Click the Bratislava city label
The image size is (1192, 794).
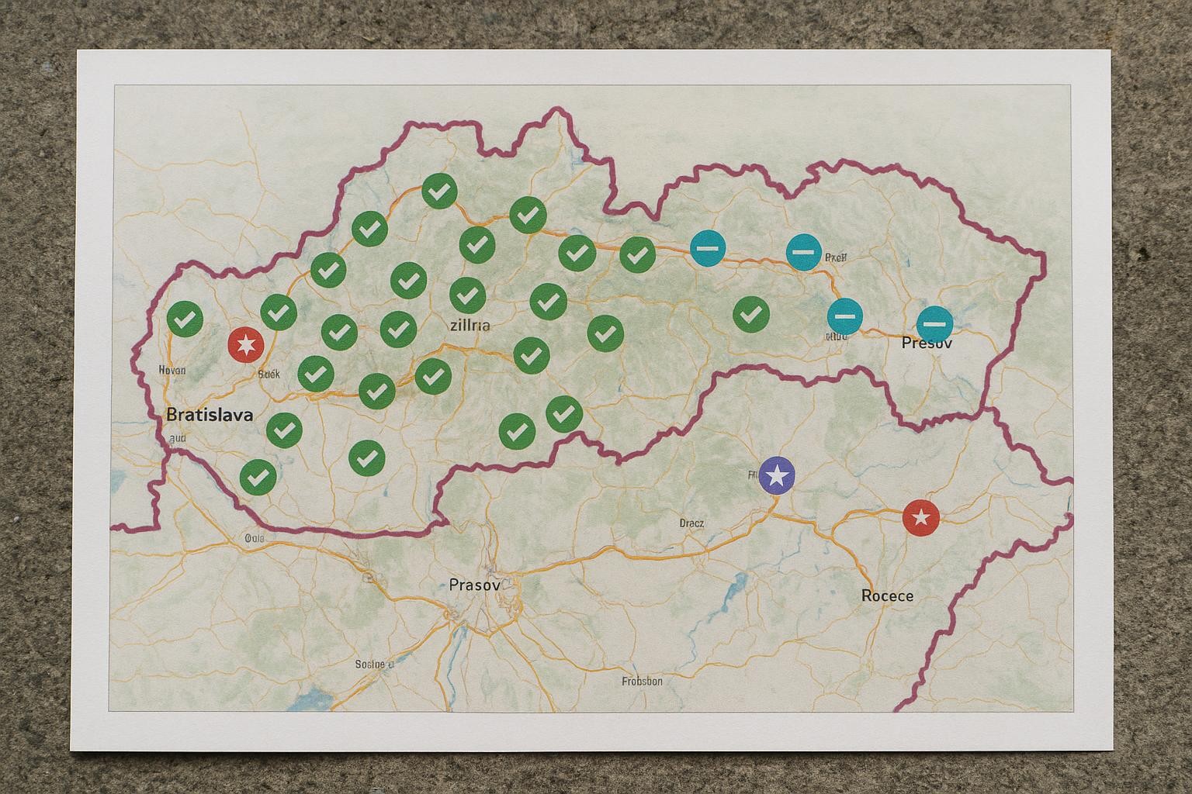pyautogui.click(x=210, y=415)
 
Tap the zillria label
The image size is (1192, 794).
pyautogui.click(x=470, y=325)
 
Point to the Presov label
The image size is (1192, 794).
pyautogui.click(x=927, y=342)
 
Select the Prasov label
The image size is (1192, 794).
pyautogui.click(x=474, y=585)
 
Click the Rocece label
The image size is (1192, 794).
pyautogui.click(x=887, y=595)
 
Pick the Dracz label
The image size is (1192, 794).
pyautogui.click(x=691, y=523)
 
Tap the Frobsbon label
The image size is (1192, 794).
pyautogui.click(x=642, y=682)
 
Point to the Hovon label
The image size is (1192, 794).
pyautogui.click(x=172, y=370)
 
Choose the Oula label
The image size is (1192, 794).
pyautogui.click(x=254, y=537)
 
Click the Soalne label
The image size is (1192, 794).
pyautogui.click(x=374, y=665)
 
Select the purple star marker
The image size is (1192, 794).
pyautogui.click(x=777, y=475)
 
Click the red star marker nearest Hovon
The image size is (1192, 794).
pyautogui.click(x=246, y=344)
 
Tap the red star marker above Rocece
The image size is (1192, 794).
pyautogui.click(x=920, y=518)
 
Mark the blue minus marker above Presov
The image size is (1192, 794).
pyautogui.click(x=934, y=323)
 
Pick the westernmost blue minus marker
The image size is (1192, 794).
pyautogui.click(x=709, y=248)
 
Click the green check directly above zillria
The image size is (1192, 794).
pyautogui.click(x=467, y=295)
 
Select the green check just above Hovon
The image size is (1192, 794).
pyautogui.click(x=185, y=319)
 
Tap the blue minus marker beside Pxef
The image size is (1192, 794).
pyautogui.click(x=804, y=253)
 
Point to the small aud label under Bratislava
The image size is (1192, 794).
pyautogui.click(x=178, y=437)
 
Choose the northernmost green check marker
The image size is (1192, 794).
pyautogui.click(x=439, y=190)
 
